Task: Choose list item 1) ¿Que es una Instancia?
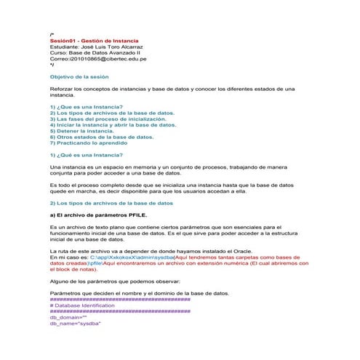pos(86,106)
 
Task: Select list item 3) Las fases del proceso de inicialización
pos(113,118)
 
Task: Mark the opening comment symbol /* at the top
pos(52,34)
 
